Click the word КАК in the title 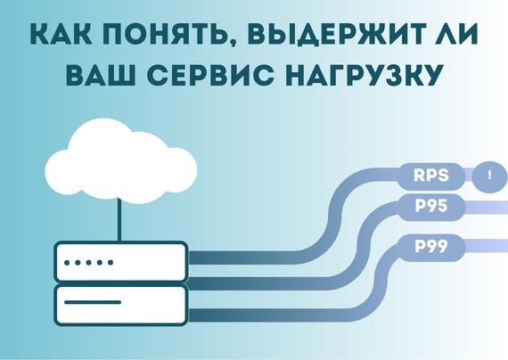click(61, 33)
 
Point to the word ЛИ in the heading click(455, 33)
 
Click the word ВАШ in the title click(101, 75)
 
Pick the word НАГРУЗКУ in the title click(365, 75)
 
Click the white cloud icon click(121, 161)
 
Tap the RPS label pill click(431, 176)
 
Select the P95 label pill click(431, 207)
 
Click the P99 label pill click(431, 247)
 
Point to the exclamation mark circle click(489, 176)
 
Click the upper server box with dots click(121, 262)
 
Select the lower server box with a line click(121, 305)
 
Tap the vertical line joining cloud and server click(119, 219)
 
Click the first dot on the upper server click(67, 263)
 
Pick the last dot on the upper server click(111, 263)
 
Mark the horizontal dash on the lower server click(93, 302)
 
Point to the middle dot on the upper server click(89, 263)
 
